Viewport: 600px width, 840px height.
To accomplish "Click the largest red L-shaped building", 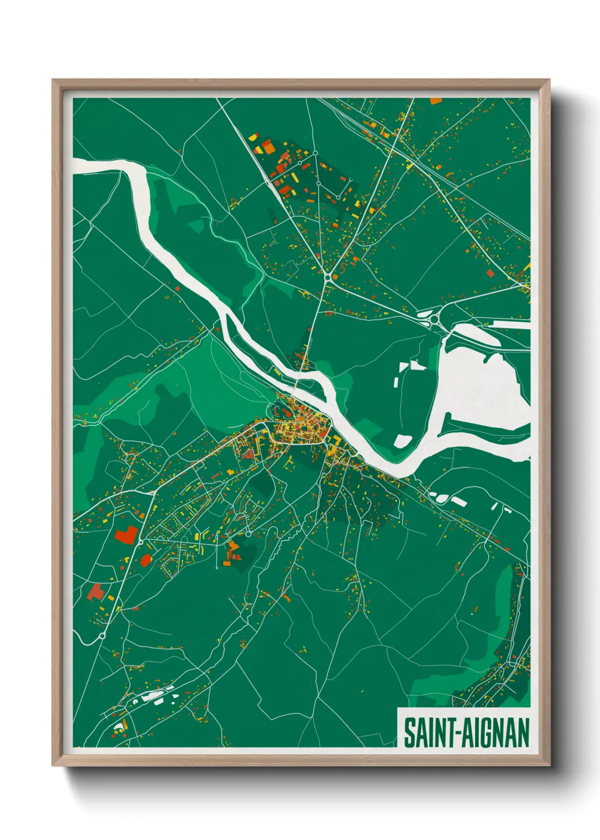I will [x=126, y=535].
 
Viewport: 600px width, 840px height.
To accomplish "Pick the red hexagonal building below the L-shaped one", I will [x=146, y=560].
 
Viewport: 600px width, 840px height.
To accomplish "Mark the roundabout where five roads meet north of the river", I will [x=328, y=278].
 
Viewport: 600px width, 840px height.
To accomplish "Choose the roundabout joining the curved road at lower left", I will [x=102, y=637].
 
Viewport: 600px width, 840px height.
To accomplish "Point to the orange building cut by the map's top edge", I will [x=436, y=101].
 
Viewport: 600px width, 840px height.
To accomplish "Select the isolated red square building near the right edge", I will [x=491, y=274].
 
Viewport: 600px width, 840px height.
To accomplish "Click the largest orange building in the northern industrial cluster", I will [x=268, y=148].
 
